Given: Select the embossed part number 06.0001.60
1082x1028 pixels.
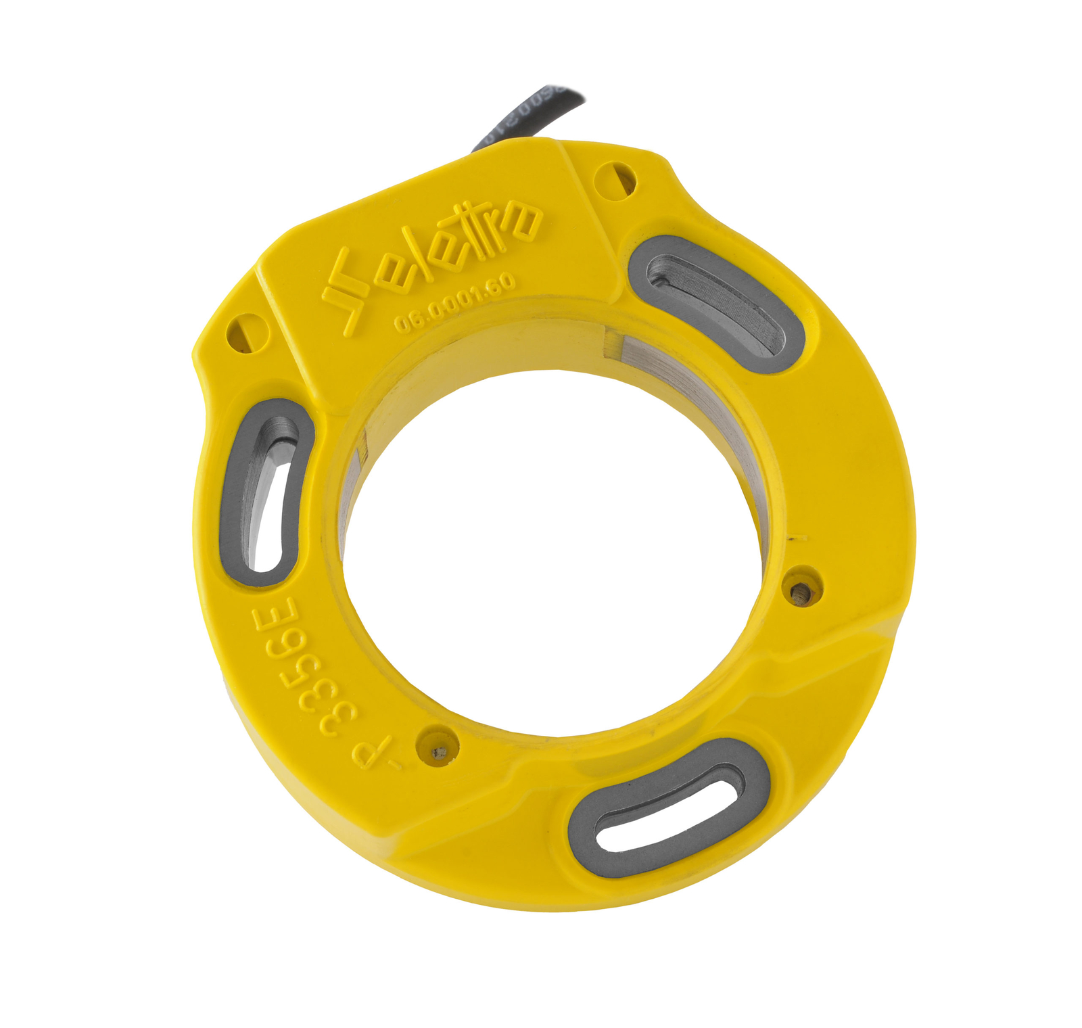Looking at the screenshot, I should (454, 303).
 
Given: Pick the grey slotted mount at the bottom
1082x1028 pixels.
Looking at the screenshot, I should (669, 808).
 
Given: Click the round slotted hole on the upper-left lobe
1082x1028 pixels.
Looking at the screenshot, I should (245, 332).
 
